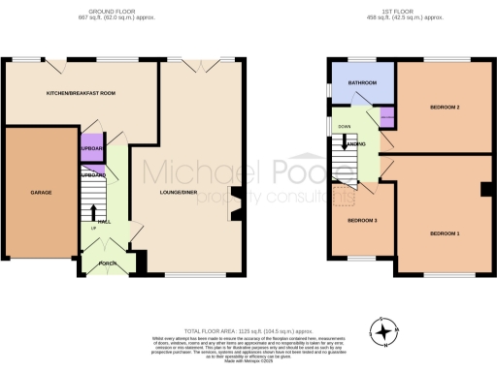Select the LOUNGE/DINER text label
(180, 193)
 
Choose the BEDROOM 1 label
(446, 233)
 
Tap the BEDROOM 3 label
(363, 221)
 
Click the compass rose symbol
(387, 331)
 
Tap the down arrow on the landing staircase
(341, 143)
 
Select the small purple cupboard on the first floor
(386, 119)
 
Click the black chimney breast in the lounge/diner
(233, 198)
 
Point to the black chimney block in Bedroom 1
(482, 189)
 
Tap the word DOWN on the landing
(344, 126)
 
